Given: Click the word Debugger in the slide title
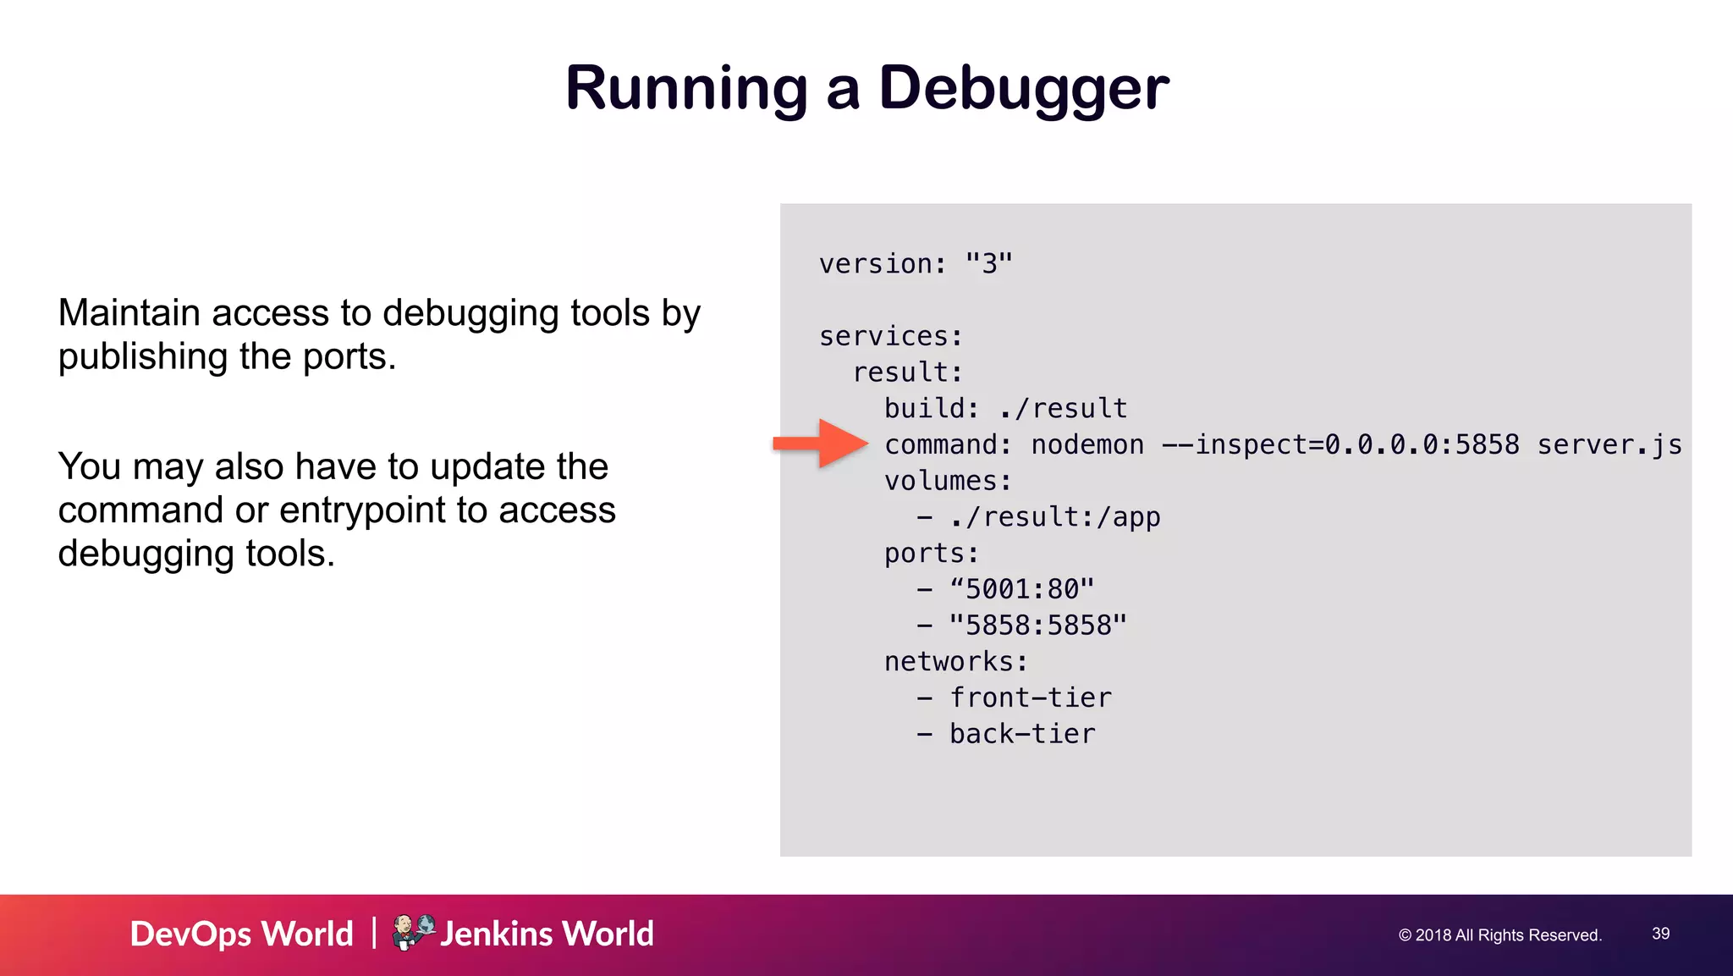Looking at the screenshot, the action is pyautogui.click(x=1024, y=88).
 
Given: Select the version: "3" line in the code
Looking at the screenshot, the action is pyautogui.click(x=916, y=264).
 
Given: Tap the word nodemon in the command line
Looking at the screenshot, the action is pyautogui.click(x=1087, y=444).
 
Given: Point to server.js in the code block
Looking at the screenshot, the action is pyautogui.click(x=1609, y=444).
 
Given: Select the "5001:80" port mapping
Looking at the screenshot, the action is pyautogui.click(x=1021, y=589).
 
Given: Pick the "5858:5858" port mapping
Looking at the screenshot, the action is pyautogui.click(x=1037, y=626).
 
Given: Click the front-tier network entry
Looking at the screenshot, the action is pyautogui.click(x=1030, y=698).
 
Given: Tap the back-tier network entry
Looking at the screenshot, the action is pyautogui.click(x=1022, y=734).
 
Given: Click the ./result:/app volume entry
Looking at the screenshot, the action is pyautogui.click(x=1054, y=517).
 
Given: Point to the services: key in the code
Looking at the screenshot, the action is pyautogui.click(x=891, y=336).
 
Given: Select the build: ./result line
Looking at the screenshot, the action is pyautogui.click(x=1005, y=409).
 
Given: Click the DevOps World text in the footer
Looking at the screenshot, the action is pyautogui.click(x=242, y=935).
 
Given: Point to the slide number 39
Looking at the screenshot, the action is pyautogui.click(x=1660, y=934).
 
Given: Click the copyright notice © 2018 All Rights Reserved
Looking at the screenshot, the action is pyautogui.click(x=1500, y=935).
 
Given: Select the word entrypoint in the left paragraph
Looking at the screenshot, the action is pyautogui.click(x=362, y=510).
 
